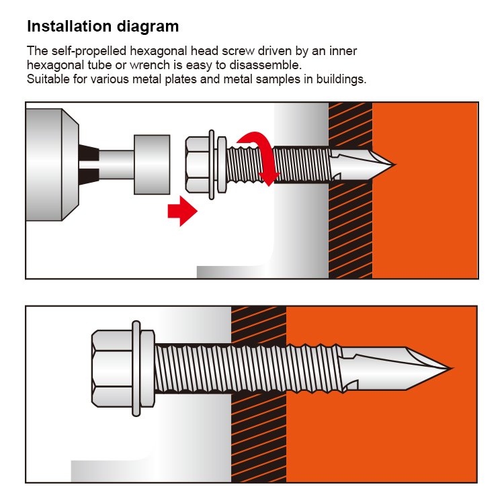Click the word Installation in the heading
coord(69,26)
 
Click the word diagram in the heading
coord(148,27)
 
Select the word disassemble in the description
coord(265,65)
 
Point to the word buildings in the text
coord(341,79)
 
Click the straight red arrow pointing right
coord(182,212)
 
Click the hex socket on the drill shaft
coord(152,165)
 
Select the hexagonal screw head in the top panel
coord(198,165)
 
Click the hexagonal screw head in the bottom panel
coord(112,369)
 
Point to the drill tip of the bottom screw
coord(451,369)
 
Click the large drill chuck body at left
coord(52,165)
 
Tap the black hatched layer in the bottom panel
coord(259,434)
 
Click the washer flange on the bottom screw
coord(136,369)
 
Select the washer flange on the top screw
coord(212,165)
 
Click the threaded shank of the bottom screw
coord(247,369)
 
